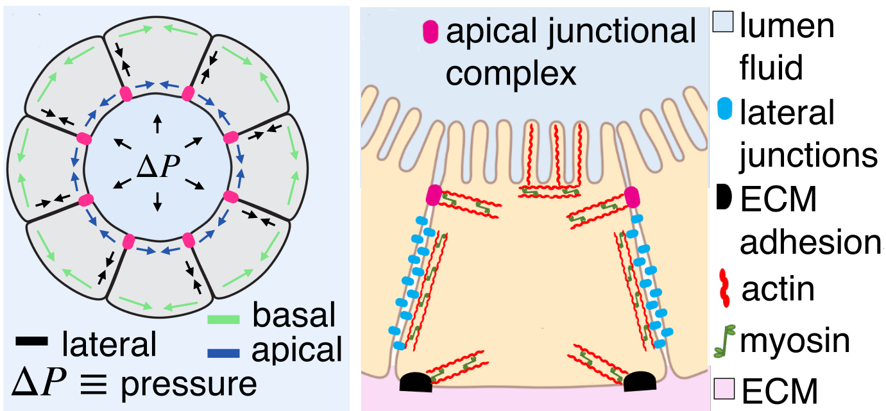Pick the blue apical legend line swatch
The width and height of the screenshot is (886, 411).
click(224, 352)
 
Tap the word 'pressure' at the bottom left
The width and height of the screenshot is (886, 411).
click(189, 384)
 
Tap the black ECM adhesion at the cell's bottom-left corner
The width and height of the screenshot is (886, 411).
click(415, 382)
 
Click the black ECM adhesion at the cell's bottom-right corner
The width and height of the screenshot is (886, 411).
click(640, 382)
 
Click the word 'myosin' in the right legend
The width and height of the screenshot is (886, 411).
click(795, 340)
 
